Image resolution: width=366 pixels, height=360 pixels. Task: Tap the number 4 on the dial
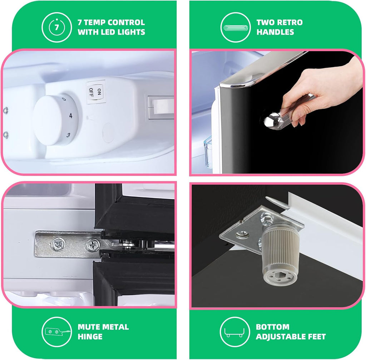[71, 116]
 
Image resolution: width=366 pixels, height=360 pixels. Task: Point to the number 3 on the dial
[68, 135]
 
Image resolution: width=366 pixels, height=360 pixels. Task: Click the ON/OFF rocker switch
[96, 92]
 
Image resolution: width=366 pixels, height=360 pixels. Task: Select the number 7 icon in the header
[57, 27]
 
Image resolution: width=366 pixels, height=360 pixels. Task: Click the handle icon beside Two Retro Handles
[235, 28]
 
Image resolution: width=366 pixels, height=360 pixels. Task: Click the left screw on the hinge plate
[58, 244]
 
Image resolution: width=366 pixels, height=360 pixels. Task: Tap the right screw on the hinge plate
[93, 245]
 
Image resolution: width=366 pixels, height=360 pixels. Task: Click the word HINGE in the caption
[90, 337]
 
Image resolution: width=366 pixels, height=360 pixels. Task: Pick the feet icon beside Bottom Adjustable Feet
[234, 332]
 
